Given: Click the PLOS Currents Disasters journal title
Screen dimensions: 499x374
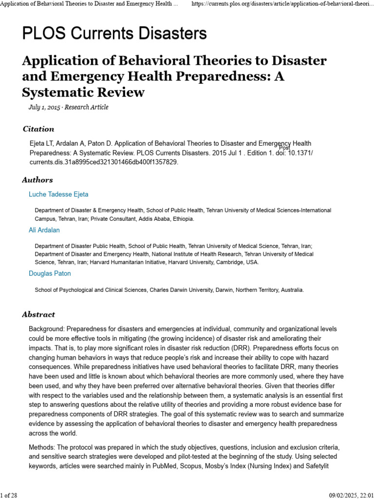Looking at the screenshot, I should [x=114, y=33].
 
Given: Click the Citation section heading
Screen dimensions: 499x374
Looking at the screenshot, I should [x=38, y=129].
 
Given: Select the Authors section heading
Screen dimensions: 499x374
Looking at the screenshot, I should [x=37, y=180].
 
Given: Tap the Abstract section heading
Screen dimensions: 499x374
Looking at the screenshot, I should [x=38, y=315].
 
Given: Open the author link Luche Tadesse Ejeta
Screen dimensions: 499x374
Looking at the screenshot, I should [x=58, y=194].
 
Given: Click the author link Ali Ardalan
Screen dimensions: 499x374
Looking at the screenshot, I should [x=44, y=230].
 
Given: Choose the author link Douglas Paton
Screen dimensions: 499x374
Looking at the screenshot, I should [x=50, y=274].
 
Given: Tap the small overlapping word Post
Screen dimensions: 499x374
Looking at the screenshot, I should [x=284, y=148].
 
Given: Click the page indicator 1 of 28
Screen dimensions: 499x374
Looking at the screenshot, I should [x=9, y=495].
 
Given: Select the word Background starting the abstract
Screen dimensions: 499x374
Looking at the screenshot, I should [x=46, y=329].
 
